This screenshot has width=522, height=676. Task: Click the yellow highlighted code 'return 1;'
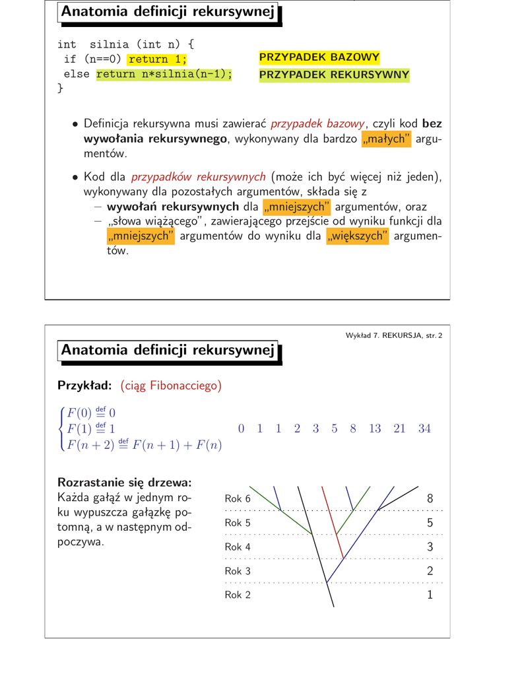[158, 60]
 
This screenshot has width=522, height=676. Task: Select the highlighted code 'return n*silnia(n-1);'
[164, 74]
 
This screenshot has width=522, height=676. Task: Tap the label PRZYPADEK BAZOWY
[319, 58]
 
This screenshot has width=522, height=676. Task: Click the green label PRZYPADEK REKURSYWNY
[334, 75]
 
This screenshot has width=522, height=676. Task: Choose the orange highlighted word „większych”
[357, 236]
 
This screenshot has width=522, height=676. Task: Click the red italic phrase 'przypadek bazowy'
[317, 123]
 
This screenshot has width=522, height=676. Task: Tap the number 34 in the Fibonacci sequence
[424, 428]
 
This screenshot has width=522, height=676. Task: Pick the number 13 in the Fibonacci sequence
[375, 428]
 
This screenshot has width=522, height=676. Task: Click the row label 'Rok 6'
[238, 498]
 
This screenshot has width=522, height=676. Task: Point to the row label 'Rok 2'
[238, 595]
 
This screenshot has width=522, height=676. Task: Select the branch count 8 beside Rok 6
[430, 498]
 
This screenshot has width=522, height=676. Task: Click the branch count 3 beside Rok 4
[430, 547]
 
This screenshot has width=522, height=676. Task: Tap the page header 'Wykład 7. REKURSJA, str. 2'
[394, 336]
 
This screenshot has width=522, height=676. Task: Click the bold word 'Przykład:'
[83, 386]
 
